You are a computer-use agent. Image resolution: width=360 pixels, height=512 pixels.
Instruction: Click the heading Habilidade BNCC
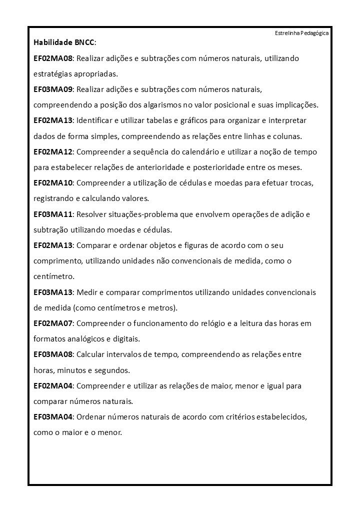(64, 43)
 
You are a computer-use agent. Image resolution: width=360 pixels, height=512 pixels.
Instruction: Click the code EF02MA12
(53, 151)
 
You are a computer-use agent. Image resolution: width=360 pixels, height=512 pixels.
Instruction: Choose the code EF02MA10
(53, 182)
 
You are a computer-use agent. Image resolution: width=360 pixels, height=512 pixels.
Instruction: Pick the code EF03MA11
(53, 214)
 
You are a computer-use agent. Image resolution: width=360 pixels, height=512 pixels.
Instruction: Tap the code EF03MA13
(53, 291)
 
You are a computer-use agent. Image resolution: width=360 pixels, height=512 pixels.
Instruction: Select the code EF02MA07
(53, 323)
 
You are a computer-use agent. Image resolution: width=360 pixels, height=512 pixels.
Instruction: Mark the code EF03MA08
(53, 354)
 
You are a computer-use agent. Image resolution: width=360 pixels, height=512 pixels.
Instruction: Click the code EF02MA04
(53, 385)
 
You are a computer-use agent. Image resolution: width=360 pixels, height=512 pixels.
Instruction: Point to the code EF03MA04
(53, 416)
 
